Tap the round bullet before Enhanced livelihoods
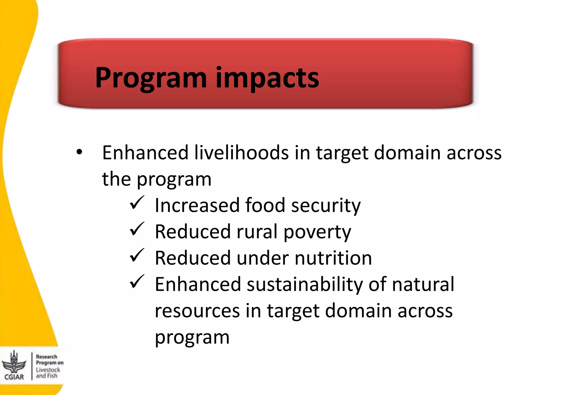80,152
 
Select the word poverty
317,232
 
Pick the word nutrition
333,258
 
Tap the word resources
197,311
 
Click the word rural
257,232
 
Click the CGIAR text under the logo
14,377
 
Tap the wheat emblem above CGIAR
14,362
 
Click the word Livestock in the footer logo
48,370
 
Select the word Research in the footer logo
46,357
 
